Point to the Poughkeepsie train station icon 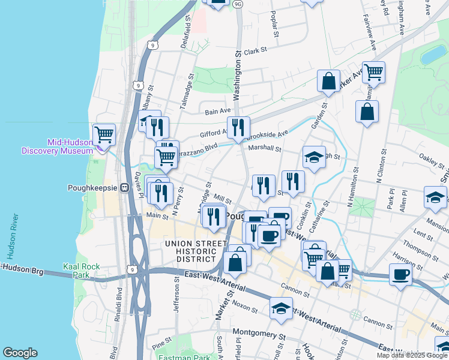tap(125, 187)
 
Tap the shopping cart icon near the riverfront tap(104, 134)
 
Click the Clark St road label tap(254, 52)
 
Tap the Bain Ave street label tap(218, 111)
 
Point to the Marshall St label tap(265, 148)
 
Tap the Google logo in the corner tap(20, 353)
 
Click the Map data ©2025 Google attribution tap(412, 355)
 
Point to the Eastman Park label tap(184, 356)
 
